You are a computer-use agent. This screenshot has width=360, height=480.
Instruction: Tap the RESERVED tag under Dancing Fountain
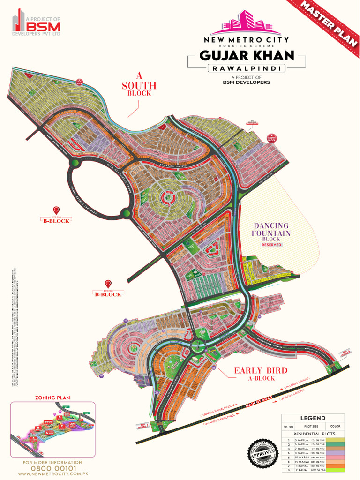[271, 245]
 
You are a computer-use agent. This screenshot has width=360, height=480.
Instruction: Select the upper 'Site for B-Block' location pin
[56, 210]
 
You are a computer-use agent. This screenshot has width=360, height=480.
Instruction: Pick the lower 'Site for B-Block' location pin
[108, 284]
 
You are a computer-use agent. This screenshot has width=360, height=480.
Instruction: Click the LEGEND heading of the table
[313, 418]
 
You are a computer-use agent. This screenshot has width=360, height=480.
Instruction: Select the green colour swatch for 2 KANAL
[335, 470]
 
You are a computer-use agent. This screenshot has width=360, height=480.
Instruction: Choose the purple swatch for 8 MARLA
[335, 453]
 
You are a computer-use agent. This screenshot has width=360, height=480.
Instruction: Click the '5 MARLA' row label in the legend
[301, 440]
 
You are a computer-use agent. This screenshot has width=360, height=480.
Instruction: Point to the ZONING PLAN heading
[52, 397]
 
